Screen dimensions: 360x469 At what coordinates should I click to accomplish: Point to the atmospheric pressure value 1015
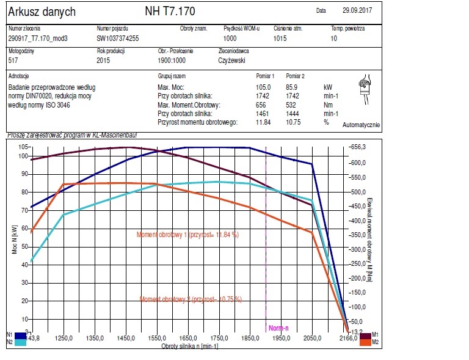tap(280, 38)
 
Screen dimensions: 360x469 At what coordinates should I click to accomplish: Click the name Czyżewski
tap(234, 61)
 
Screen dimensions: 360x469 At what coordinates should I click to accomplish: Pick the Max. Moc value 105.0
tap(263, 87)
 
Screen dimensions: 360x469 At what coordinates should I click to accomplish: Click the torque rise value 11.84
tap(263, 122)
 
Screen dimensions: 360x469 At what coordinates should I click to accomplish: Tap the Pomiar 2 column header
tap(295, 76)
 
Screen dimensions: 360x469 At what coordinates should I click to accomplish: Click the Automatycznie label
tap(362, 125)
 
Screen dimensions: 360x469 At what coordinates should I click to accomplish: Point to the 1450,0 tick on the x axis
tap(126, 337)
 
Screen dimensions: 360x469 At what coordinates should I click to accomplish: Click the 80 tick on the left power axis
tap(25, 192)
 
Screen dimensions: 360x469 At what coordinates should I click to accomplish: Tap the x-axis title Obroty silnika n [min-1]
tap(189, 347)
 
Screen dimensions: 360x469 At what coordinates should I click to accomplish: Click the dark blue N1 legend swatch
tap(20, 335)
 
